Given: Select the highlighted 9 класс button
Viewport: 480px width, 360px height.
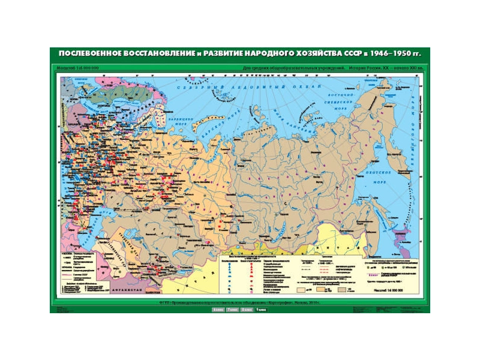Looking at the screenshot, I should click(x=260, y=310).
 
